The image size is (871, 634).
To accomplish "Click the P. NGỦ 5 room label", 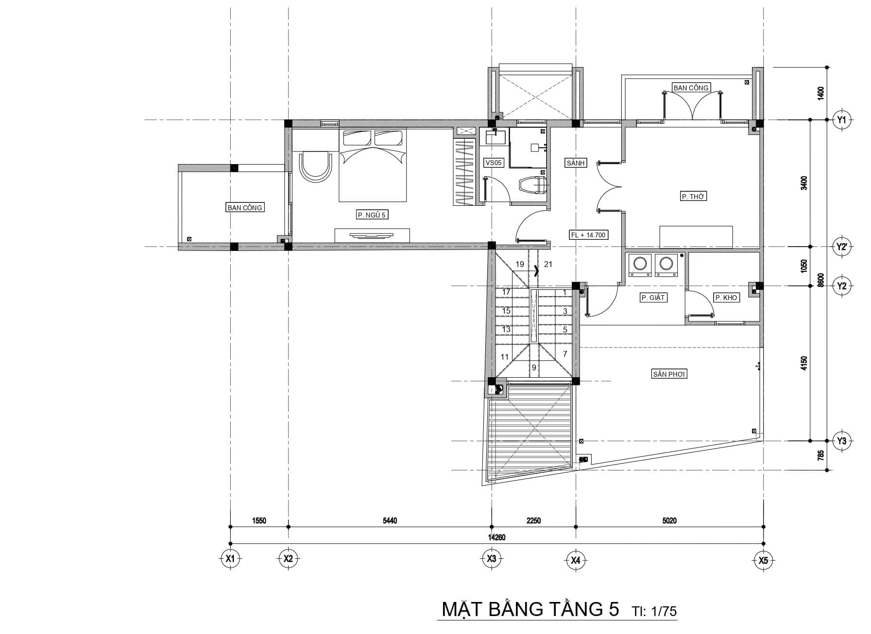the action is pos(372,215).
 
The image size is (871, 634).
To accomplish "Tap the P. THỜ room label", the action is pos(693,197).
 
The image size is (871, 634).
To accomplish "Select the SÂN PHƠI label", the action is pos(669,374).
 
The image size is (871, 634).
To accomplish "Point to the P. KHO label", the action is pos(726,298).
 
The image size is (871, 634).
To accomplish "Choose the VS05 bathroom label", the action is pos(493,163).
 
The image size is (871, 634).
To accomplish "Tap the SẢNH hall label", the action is pos(576,163).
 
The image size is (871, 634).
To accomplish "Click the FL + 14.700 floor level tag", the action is pos(588,235).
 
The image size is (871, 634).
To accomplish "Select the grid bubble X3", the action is pos(491,559).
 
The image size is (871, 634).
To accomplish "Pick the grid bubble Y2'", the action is pos(841,247).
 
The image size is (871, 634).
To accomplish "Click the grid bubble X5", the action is pos(764,560).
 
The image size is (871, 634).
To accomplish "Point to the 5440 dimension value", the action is pos(390,521).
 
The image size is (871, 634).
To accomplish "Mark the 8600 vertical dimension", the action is pos(820,280).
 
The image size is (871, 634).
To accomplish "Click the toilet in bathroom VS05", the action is pos(533,184).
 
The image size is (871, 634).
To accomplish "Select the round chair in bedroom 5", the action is pos(315,167).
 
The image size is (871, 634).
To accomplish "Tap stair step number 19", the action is pos(520,265).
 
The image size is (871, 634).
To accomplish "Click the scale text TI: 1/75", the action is pos(654,611).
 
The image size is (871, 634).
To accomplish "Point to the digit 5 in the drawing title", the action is pos(614,609).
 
